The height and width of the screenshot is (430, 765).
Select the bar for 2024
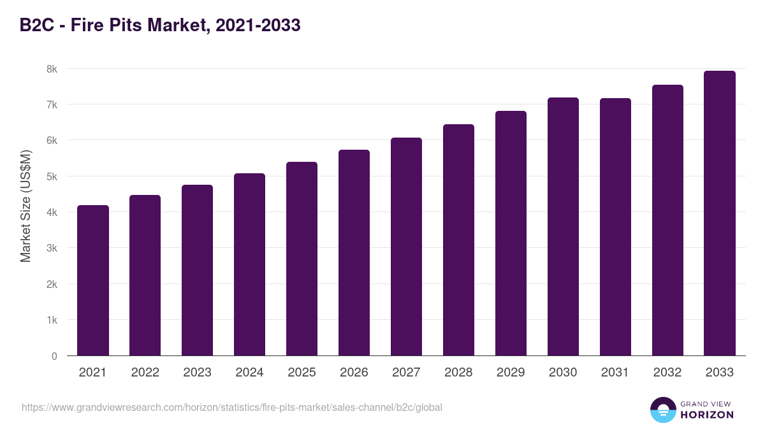249,264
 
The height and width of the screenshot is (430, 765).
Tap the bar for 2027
406,247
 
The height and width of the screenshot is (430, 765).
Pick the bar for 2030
563,227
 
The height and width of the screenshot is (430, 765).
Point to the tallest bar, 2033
720,213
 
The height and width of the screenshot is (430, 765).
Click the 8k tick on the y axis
50,69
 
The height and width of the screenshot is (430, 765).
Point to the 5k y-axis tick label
50,176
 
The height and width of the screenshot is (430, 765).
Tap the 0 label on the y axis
54,356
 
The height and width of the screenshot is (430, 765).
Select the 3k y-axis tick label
50,248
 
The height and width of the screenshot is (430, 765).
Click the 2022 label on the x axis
145,373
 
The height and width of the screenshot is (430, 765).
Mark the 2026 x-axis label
354,373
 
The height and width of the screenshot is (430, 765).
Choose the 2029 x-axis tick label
511,373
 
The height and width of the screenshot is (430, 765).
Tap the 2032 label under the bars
667,373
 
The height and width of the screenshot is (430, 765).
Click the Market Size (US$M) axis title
25,205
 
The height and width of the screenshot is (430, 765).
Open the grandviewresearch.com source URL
231,407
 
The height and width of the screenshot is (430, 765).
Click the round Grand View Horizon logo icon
662,410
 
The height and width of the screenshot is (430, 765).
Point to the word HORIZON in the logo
707,415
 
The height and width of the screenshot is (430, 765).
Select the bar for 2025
302,259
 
